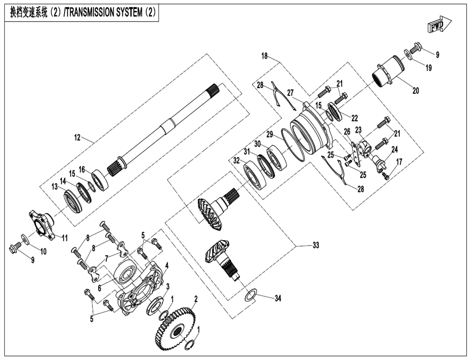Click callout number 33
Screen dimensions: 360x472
tap(315, 245)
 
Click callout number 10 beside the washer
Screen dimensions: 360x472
tap(43, 251)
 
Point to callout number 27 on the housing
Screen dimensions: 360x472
tap(290, 93)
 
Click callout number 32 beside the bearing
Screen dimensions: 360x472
tap(236, 160)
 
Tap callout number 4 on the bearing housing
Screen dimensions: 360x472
tap(167, 265)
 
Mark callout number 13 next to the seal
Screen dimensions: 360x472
tap(56, 186)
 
